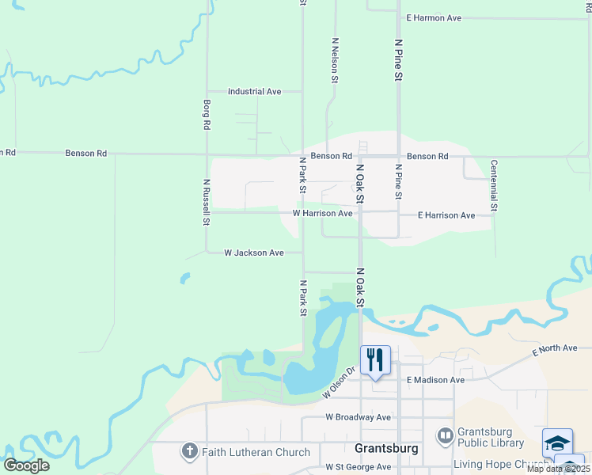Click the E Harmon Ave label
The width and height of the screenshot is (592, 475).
(x=433, y=17)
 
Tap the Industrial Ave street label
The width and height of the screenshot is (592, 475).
(x=254, y=92)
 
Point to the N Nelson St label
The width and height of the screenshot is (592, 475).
(x=335, y=59)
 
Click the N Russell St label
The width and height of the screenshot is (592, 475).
(x=205, y=202)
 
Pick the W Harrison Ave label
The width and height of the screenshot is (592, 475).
(x=322, y=214)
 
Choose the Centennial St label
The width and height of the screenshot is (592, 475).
(x=493, y=185)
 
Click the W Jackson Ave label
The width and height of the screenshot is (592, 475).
(x=253, y=253)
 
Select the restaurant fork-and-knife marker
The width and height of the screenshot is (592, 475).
(x=375, y=360)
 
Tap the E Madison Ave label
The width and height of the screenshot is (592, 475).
(x=435, y=380)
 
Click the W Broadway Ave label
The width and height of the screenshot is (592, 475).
(x=358, y=417)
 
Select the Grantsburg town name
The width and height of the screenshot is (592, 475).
(x=386, y=447)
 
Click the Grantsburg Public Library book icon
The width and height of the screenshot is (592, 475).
(x=446, y=435)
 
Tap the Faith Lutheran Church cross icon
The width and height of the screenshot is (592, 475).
(x=189, y=452)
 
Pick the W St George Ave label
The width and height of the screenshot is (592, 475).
(x=358, y=467)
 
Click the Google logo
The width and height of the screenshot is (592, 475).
(x=26, y=465)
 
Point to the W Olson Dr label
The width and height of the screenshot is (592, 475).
(x=341, y=388)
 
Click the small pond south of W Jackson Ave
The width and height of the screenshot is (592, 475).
(x=184, y=278)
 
